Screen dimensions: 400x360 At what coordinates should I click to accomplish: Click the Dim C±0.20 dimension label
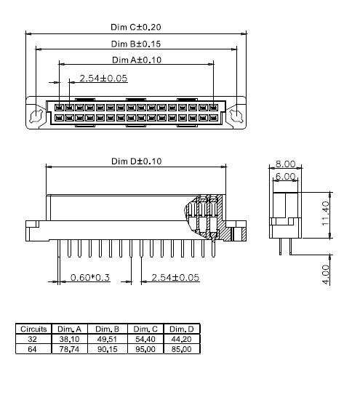click(x=135, y=28)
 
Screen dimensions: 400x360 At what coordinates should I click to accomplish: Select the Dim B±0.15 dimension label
click(x=135, y=44)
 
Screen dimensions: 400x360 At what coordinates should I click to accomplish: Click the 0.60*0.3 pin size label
click(x=89, y=278)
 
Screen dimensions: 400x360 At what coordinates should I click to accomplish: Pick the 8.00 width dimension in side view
click(x=285, y=164)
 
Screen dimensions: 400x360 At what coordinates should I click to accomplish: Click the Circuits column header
click(x=33, y=329)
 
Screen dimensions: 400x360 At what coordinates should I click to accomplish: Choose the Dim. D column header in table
click(x=181, y=329)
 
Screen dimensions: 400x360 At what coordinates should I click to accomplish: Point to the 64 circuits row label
click(x=33, y=349)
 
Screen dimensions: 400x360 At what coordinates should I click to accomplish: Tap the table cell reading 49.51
click(x=108, y=339)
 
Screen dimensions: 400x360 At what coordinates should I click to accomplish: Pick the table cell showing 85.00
click(x=181, y=349)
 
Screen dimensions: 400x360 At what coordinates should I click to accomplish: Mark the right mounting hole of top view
click(x=234, y=115)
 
